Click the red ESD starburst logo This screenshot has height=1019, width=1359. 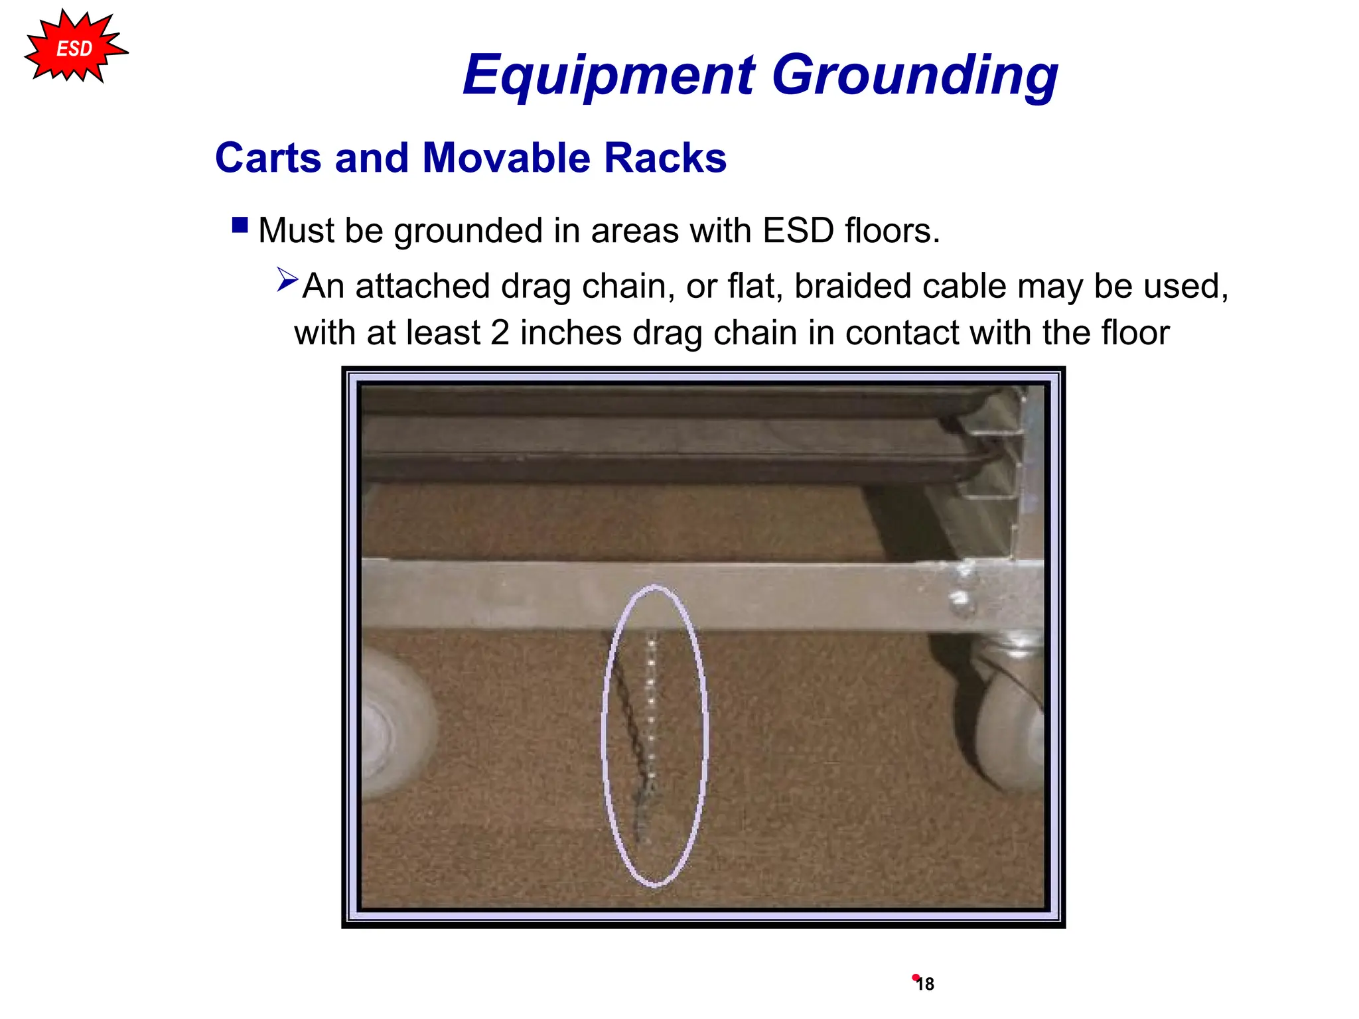74,48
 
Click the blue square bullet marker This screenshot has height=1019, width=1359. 240,226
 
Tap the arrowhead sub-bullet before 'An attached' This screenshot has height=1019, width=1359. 287,279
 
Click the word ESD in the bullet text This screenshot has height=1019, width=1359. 798,231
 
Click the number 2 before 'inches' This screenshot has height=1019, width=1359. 500,333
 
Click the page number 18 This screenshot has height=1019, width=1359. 926,985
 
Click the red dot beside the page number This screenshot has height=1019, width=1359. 915,977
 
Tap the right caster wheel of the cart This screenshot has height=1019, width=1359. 1009,723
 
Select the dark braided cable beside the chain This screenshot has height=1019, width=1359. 626,716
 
